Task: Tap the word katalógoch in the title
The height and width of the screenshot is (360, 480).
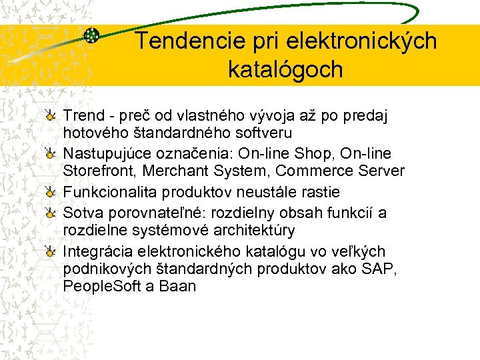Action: pos(285,69)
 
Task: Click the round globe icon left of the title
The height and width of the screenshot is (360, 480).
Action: pos(92,36)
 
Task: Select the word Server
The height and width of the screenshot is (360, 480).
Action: pos(381,171)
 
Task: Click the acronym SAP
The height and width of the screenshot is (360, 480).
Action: pos(380,269)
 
